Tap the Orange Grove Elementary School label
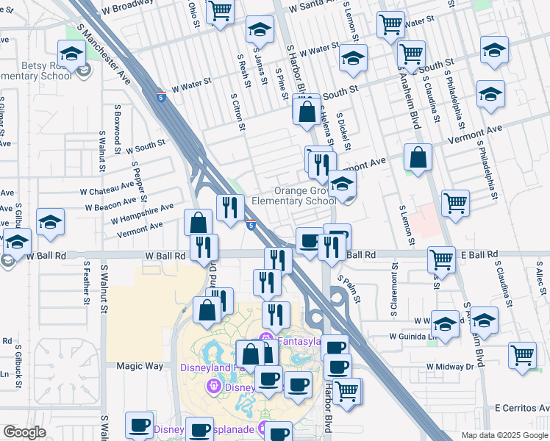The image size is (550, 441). click(293, 196)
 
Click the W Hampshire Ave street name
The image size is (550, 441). click(142, 213)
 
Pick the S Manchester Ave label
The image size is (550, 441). click(115, 59)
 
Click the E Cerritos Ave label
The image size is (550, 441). click(521, 407)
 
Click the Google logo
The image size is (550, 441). click(24, 431)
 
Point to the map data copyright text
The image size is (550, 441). click(504, 435)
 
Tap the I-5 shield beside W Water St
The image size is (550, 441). click(161, 96)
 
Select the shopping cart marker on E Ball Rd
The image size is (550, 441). click(441, 259)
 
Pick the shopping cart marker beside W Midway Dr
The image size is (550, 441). click(522, 354)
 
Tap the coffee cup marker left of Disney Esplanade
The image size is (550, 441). click(139, 425)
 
